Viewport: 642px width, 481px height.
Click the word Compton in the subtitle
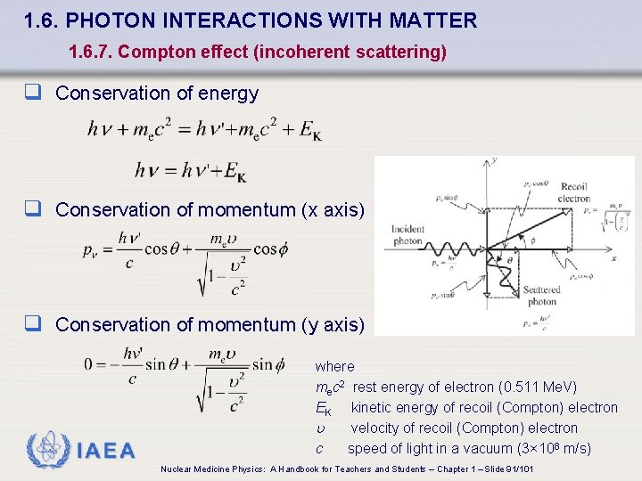[152, 53]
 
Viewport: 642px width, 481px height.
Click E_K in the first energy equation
[310, 130]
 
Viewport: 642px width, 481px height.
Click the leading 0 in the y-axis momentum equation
[89, 364]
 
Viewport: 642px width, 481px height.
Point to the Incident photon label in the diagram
[407, 235]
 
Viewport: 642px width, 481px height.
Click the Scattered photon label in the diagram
[541, 295]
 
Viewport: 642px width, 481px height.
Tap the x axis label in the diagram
[613, 258]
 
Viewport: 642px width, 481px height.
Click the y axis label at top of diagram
[493, 161]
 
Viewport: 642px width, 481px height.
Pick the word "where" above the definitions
[334, 366]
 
